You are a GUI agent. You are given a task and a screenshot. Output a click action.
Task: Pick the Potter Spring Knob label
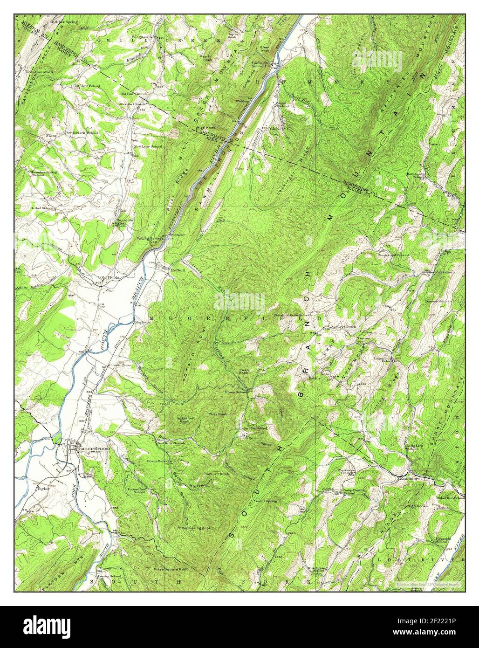[194, 528]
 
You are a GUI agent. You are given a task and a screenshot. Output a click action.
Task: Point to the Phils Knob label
[218, 414]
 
